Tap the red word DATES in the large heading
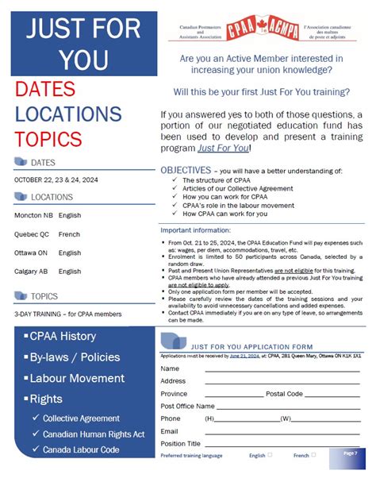click(x=44, y=89)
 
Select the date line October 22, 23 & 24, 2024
click(x=56, y=179)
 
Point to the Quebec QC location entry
click(x=32, y=234)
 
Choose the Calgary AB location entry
click(x=32, y=272)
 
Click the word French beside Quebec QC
click(x=70, y=234)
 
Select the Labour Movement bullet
click(x=76, y=378)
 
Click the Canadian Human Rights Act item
click(x=94, y=434)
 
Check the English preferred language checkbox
click(x=270, y=455)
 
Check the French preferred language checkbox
click(x=313, y=455)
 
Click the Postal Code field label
click(x=284, y=394)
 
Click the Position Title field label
click(x=180, y=443)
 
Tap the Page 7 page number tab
click(x=350, y=453)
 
